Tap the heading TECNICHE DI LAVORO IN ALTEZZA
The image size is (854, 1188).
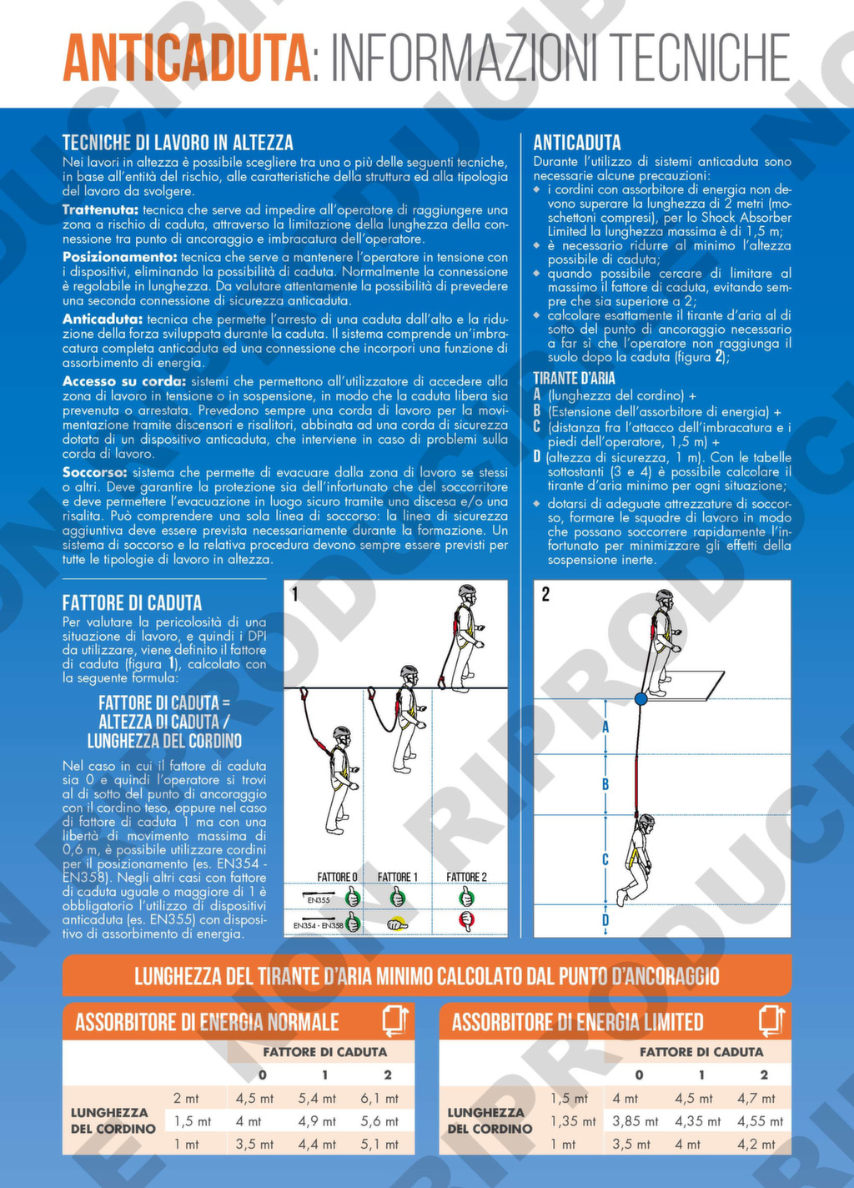coord(178,143)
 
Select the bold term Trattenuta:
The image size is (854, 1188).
coord(100,210)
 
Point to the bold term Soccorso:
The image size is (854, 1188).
coord(95,472)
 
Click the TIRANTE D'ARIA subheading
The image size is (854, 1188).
coord(574,378)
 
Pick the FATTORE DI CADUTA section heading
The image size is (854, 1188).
coord(132,603)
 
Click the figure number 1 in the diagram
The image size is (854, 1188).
coord(295,595)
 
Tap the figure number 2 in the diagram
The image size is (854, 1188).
coord(545,595)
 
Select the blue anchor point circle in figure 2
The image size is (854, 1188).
coord(640,698)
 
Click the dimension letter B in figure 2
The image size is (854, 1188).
coord(605,784)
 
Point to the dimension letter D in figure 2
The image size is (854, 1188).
coord(605,919)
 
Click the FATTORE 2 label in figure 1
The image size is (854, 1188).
coord(466,878)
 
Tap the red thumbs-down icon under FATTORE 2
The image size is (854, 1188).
coord(466,921)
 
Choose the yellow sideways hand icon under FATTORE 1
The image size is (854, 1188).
coord(397,924)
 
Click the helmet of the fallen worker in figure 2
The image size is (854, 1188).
coord(646,821)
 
